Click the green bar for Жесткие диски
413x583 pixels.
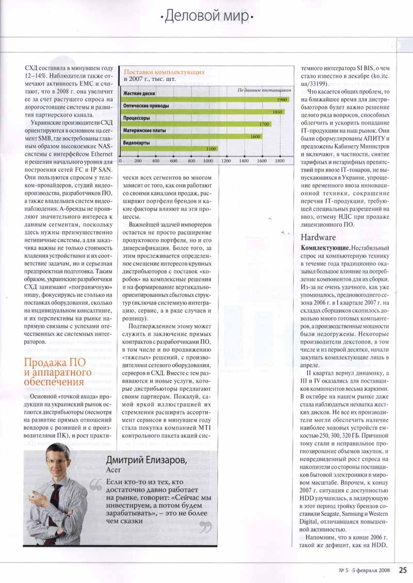pyautogui.click(x=204, y=99)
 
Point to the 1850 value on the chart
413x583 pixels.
pyautogui.click(x=277, y=112)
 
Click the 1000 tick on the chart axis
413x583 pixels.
pyautogui.click(x=209, y=161)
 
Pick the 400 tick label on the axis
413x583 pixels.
pyautogui.click(x=155, y=161)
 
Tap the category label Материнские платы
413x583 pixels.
pyautogui.click(x=145, y=131)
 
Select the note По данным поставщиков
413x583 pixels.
pyautogui.click(x=264, y=90)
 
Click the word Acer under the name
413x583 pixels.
pyautogui.click(x=113, y=470)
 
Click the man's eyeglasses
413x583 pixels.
pyautogui.click(x=56, y=461)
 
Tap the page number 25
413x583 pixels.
pyautogui.click(x=403, y=571)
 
